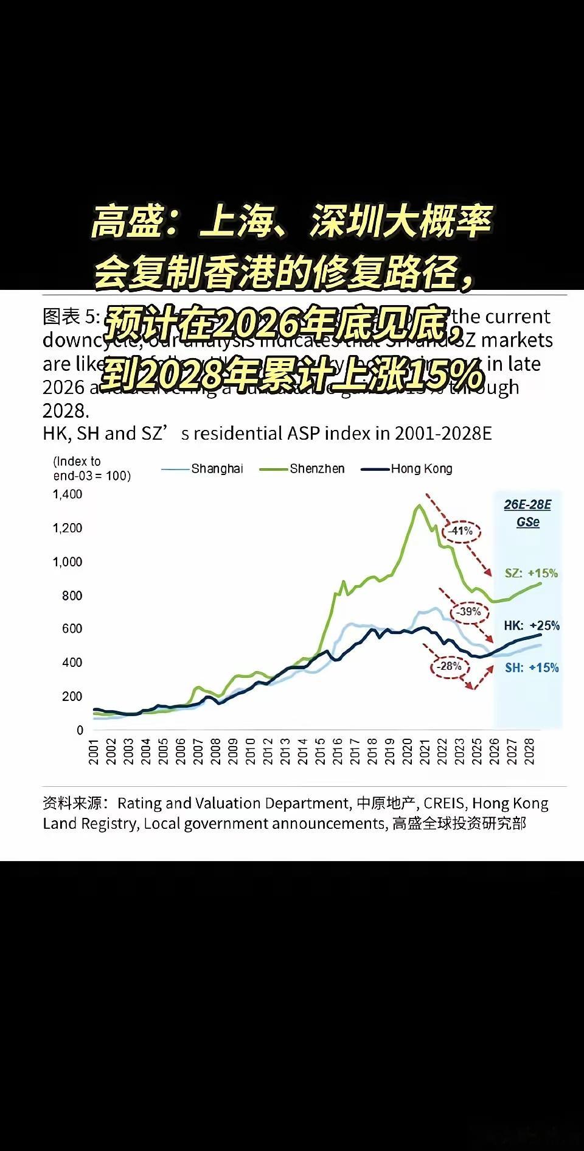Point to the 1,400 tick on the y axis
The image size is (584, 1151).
[68, 495]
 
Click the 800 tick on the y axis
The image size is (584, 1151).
[72, 596]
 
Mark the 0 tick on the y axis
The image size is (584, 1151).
[80, 730]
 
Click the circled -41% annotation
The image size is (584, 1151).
[461, 531]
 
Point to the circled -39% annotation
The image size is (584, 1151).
[469, 611]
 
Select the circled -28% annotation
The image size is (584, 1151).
[450, 666]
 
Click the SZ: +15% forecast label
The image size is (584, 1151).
[530, 573]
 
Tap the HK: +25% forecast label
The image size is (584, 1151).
[531, 625]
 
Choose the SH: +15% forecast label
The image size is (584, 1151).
[531, 667]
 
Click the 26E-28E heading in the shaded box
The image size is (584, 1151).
[527, 505]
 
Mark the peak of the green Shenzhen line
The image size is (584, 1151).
[419, 505]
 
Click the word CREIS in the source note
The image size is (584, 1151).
[444, 804]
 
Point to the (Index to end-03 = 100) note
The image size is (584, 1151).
[91, 469]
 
